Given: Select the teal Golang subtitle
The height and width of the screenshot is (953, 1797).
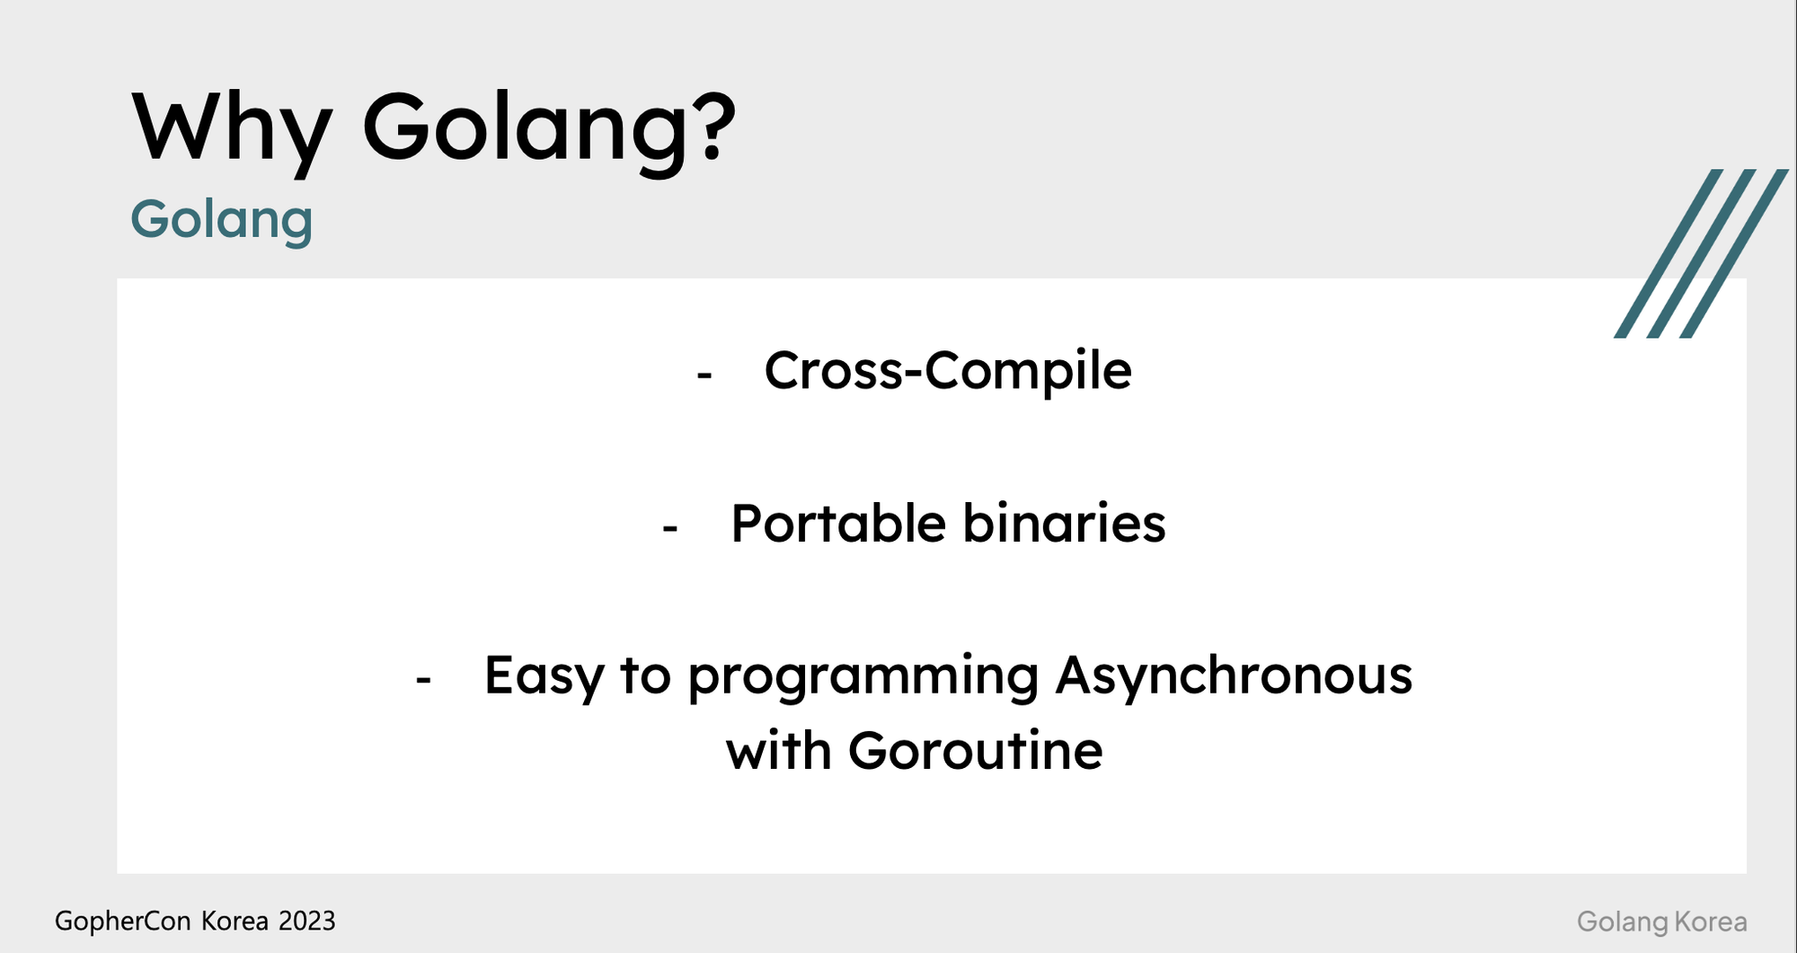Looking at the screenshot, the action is click(x=221, y=220).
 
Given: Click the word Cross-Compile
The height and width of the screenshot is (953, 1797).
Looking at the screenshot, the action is click(x=947, y=371).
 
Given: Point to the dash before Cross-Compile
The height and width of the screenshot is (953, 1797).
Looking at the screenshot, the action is click(x=704, y=375).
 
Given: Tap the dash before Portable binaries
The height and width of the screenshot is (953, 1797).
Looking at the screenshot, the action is click(x=669, y=529).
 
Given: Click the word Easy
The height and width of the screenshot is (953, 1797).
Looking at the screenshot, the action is click(x=544, y=676).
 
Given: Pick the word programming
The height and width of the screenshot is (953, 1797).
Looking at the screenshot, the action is click(x=863, y=678).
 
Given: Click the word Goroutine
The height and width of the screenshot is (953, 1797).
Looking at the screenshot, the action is click(x=975, y=751).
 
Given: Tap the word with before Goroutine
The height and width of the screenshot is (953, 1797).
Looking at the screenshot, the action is click(x=778, y=751).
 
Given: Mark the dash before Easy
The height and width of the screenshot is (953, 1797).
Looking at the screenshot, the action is click(x=423, y=681).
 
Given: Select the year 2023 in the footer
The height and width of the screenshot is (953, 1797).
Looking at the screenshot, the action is click(x=306, y=921).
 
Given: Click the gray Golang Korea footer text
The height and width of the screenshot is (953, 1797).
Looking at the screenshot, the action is click(x=1661, y=922).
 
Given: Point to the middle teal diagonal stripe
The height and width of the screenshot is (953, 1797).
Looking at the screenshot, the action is click(x=1701, y=253).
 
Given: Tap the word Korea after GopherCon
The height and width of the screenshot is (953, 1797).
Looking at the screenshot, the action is click(x=235, y=921).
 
